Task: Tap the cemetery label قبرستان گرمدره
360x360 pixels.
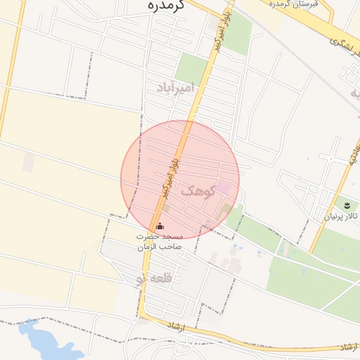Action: pyautogui.click(x=294, y=4)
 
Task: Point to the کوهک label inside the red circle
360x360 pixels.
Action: pyautogui.click(x=196, y=191)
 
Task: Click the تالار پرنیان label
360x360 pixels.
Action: pyautogui.click(x=340, y=217)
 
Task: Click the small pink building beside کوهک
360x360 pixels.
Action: pyautogui.click(x=223, y=188)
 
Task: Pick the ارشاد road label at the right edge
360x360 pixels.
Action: pyautogui.click(x=347, y=347)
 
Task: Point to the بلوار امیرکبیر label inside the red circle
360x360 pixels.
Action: pyautogui.click(x=172, y=174)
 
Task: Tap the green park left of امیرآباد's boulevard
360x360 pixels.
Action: pyautogui.click(x=191, y=67)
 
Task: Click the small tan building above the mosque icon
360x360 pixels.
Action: pyautogui.click(x=166, y=208)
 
